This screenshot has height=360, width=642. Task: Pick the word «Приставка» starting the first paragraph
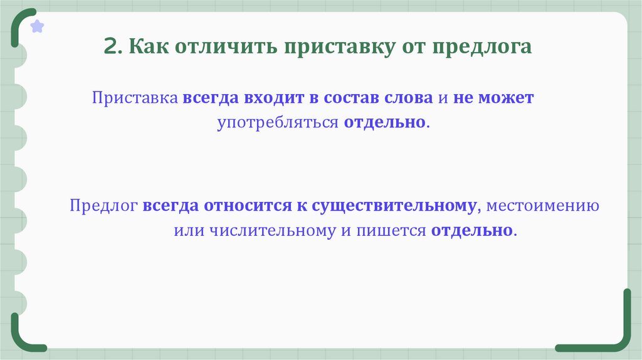coord(136,98)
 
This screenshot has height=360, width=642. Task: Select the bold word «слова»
coord(409,98)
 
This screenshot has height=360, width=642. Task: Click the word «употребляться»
coord(278,122)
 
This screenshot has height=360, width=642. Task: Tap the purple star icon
coord(38,26)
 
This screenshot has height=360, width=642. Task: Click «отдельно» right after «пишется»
coord(471,230)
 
